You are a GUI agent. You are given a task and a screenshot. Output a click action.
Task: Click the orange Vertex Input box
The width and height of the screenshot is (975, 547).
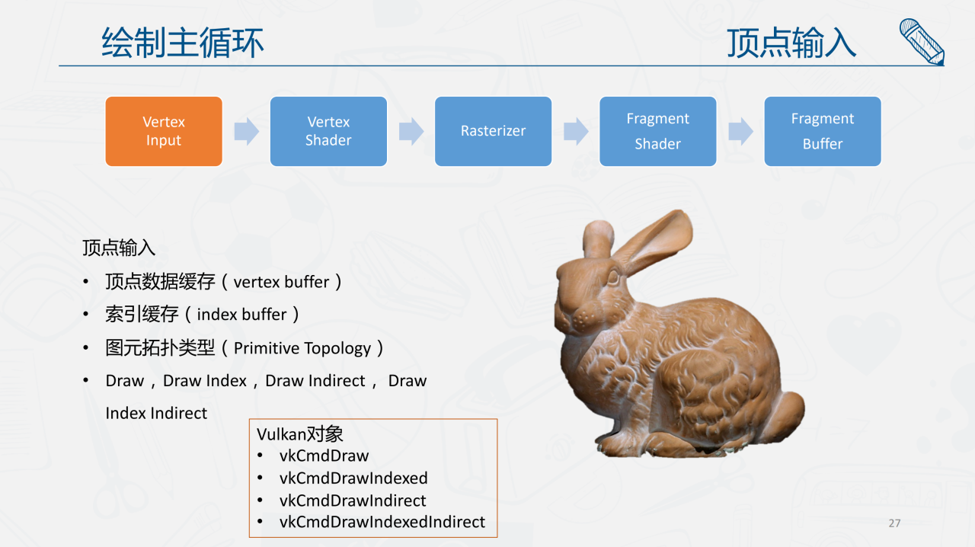click(164, 131)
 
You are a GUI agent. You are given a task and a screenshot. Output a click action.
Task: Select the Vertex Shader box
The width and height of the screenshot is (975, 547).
click(328, 131)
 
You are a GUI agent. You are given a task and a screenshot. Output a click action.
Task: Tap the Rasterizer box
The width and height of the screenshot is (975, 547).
click(493, 131)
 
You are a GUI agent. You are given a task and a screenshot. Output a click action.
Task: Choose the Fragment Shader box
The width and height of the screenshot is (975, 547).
click(657, 131)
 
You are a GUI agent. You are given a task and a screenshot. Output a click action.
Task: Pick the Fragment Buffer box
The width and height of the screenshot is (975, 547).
click(823, 131)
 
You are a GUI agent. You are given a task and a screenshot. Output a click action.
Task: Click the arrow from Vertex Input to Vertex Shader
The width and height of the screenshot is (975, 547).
click(246, 131)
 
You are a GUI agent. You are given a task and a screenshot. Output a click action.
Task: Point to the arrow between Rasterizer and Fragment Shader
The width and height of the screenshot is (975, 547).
click(576, 131)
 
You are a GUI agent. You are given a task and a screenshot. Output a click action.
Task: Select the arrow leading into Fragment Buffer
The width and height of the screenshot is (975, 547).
click(740, 131)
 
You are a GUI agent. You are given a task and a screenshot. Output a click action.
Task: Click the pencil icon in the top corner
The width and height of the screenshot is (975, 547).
click(922, 42)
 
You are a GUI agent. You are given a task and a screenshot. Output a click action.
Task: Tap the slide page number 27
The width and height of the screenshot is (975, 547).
click(894, 523)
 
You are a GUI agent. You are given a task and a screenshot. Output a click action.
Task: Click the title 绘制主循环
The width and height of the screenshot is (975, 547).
click(183, 43)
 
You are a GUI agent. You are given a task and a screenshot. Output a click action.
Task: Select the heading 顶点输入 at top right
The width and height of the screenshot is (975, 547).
click(791, 43)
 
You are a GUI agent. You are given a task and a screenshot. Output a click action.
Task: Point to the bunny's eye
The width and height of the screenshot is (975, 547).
click(613, 277)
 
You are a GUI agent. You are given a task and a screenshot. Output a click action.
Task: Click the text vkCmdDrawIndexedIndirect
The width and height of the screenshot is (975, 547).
click(382, 522)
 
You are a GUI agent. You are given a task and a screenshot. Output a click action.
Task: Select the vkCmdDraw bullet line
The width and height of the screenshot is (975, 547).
click(324, 456)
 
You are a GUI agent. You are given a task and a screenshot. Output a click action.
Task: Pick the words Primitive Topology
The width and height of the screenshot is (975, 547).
click(302, 348)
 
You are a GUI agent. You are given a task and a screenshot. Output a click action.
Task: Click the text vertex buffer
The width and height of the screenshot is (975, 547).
click(281, 282)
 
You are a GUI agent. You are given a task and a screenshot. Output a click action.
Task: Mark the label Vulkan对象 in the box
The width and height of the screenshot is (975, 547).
click(300, 433)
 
